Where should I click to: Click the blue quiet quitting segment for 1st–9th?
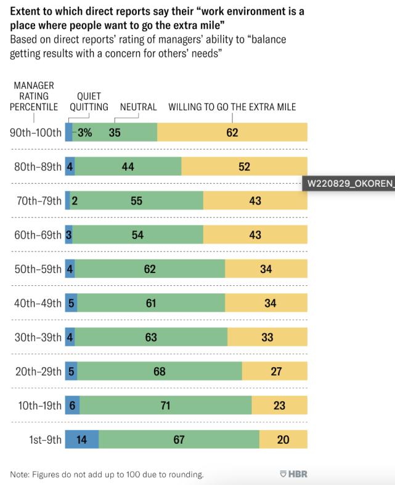point(82,439)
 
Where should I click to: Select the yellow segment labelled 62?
point(232,132)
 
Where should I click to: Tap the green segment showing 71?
point(166,406)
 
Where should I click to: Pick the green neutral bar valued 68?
point(160,372)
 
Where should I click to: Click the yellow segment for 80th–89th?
point(245,166)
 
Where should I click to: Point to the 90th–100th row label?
point(36,132)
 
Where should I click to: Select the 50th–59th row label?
point(36,269)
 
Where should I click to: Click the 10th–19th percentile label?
point(36,406)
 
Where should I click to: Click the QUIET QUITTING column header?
point(85,102)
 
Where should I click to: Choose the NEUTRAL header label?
point(138,107)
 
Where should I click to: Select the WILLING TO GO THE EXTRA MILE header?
point(232,107)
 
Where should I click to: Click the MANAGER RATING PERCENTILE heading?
point(34,96)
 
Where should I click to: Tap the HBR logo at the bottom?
point(293,474)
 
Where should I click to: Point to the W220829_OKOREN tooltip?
point(348,184)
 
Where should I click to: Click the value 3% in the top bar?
point(85,132)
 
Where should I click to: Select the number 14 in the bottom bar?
point(82,439)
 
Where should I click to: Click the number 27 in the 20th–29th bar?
point(274,372)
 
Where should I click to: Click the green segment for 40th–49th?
point(152,303)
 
